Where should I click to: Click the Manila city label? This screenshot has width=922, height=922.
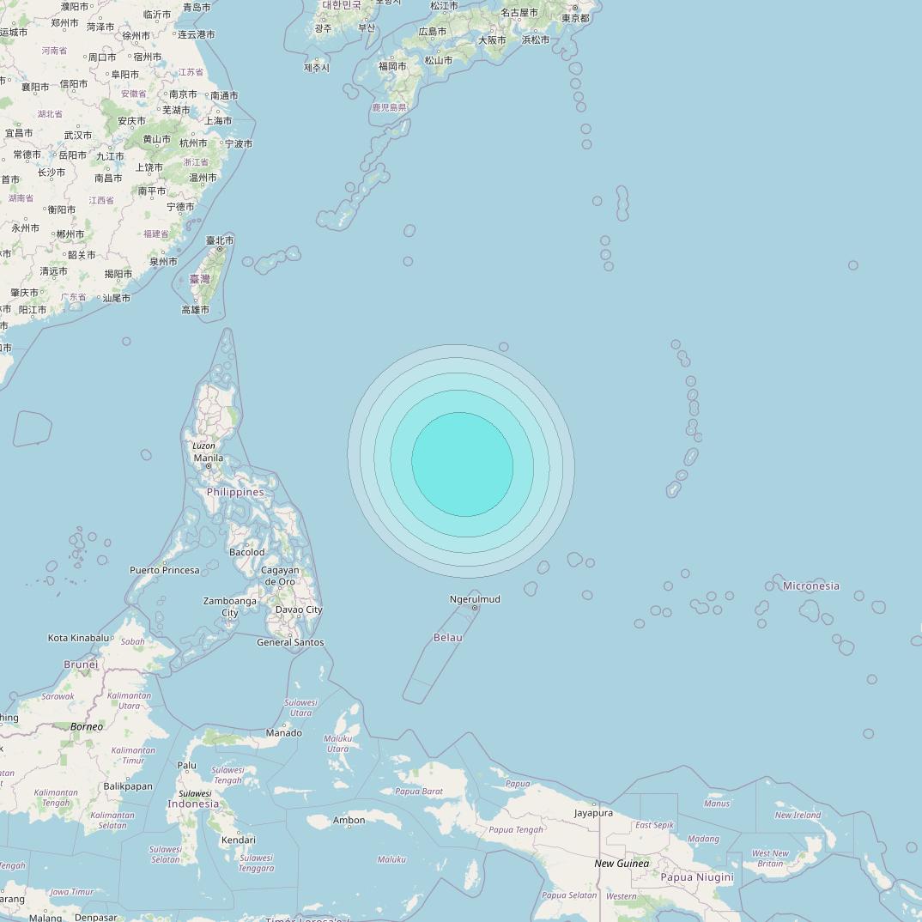coord(209,458)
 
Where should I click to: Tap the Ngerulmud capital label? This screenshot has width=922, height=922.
coord(475,599)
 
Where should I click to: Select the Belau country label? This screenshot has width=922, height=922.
coord(448,637)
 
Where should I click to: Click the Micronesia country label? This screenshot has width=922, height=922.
coord(811,585)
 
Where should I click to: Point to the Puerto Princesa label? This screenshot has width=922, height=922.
coord(165,570)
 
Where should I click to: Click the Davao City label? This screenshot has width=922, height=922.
coord(299,610)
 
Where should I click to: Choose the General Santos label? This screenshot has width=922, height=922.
coord(290,642)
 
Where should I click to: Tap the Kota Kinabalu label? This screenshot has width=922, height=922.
coord(79,638)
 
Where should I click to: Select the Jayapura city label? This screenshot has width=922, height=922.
coord(593,812)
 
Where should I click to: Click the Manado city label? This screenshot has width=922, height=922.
coord(284,732)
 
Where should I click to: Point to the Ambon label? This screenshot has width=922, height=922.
coord(349,820)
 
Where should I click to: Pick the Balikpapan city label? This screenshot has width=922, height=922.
coord(128,786)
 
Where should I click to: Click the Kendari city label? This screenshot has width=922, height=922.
coord(238,840)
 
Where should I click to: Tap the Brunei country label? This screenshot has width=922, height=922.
coord(82,664)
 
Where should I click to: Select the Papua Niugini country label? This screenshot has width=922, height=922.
coord(697,877)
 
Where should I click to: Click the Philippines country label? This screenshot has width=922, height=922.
coord(235,492)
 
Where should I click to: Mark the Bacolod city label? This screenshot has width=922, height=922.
coord(247,552)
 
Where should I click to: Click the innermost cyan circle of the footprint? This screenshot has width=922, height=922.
coord(463,464)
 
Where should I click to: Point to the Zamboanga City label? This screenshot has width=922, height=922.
coord(230,607)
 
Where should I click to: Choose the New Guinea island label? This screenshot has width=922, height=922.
coord(622,863)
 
